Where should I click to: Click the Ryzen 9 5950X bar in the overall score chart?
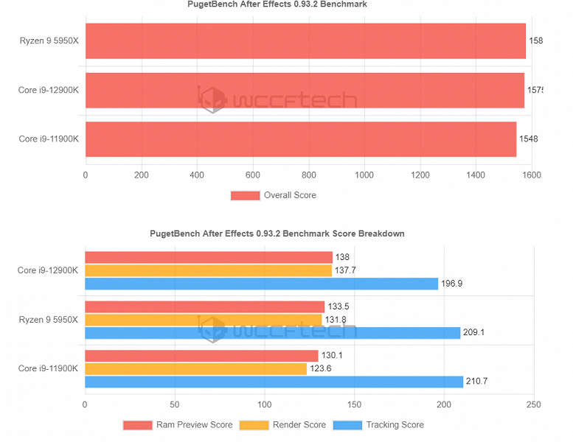tap(305, 41)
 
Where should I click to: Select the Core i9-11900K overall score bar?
tap(301, 138)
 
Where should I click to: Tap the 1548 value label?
tap(529, 138)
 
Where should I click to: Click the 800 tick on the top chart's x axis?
tap(308, 175)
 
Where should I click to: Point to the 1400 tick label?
tap(476, 175)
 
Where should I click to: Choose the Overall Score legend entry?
tap(273, 195)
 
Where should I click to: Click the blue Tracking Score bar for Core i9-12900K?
tap(261, 284)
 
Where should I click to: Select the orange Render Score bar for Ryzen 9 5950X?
tap(204, 320)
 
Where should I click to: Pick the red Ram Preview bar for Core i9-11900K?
tap(201, 356)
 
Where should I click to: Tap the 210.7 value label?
tap(478, 382)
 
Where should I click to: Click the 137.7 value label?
tap(346, 270)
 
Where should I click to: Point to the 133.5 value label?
tap(338, 306)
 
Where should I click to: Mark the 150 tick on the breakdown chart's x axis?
tap(355, 404)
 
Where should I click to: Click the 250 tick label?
tap(534, 404)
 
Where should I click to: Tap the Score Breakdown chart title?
tap(277, 234)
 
